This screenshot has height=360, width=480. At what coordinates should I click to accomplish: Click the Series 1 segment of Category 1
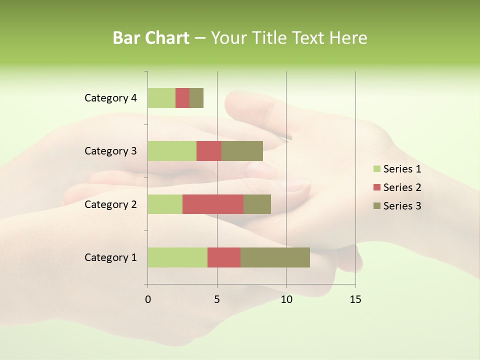click(177, 257)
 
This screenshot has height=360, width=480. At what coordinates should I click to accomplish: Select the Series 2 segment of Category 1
click(224, 257)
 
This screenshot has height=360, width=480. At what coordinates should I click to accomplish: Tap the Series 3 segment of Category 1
click(275, 257)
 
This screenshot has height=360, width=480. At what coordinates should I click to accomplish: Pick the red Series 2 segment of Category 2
click(213, 204)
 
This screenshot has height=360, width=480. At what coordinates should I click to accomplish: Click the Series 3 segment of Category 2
click(257, 204)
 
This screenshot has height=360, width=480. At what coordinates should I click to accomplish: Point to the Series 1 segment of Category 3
click(172, 151)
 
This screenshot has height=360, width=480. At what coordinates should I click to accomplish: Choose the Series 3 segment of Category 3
click(242, 151)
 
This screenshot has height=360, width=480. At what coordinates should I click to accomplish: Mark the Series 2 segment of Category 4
click(182, 98)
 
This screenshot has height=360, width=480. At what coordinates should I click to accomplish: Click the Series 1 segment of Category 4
click(161, 98)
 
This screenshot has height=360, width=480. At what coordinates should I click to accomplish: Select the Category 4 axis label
click(110, 98)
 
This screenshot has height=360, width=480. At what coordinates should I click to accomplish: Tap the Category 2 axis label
click(110, 204)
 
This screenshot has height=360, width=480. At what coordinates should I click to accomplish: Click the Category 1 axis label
click(110, 257)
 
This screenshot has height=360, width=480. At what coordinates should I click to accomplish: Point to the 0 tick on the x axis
click(148, 299)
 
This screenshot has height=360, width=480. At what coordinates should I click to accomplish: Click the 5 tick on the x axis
click(217, 299)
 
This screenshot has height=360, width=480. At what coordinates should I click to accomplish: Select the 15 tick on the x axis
click(355, 299)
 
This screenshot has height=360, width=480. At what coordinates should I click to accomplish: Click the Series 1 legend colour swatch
click(376, 169)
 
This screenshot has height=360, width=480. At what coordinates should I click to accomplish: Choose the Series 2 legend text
click(402, 187)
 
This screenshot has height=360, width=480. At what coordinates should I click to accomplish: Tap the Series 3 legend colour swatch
click(376, 206)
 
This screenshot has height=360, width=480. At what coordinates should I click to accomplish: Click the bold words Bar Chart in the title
click(151, 37)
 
